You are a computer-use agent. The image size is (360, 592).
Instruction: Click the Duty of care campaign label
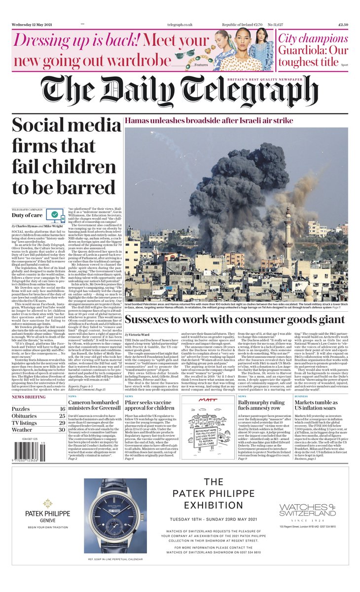(x=26, y=216)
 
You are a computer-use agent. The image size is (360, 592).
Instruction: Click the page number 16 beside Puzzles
(x=62, y=409)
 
